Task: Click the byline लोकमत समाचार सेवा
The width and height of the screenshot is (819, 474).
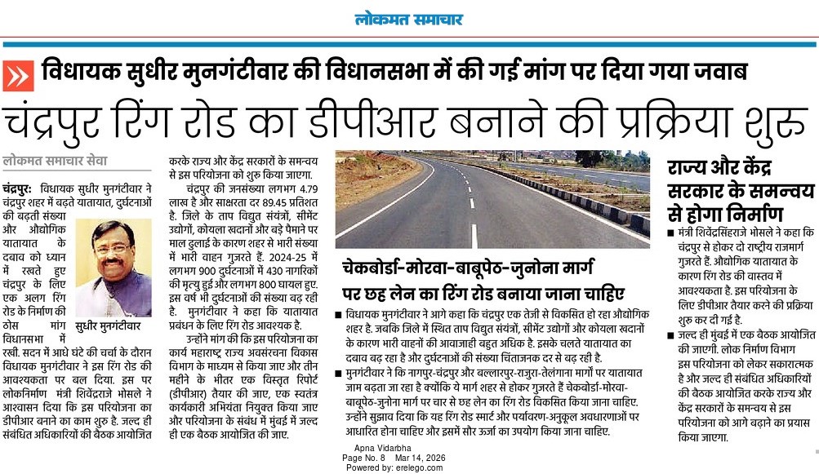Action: pos(54,162)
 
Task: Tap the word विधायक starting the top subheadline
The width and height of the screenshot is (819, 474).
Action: pos(78,71)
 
